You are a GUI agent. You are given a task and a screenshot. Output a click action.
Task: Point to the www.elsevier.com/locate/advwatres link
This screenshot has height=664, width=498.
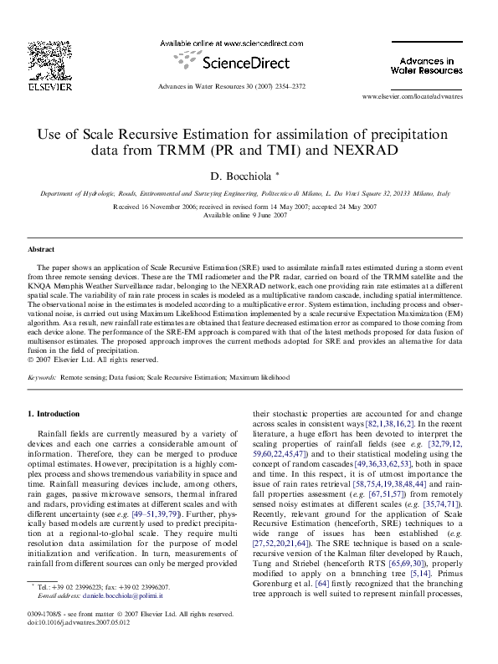pos(412,98)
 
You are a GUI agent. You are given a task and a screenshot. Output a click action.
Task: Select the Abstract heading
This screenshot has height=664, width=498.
pos(41,249)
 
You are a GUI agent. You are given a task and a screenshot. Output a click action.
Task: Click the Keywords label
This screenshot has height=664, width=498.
pos(42,378)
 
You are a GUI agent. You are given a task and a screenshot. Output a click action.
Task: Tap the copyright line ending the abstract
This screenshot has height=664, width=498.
pos(93,360)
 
